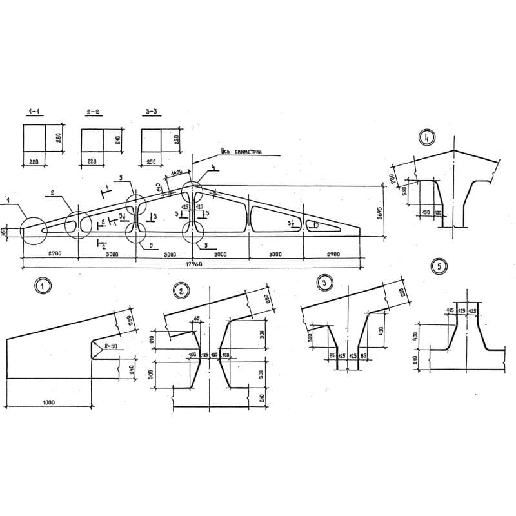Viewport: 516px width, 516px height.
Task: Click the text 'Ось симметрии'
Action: click(x=241, y=153)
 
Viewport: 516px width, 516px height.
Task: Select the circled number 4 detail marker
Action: click(x=426, y=137)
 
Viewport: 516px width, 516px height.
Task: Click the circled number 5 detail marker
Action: click(x=440, y=266)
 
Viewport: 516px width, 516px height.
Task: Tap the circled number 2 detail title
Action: click(x=182, y=291)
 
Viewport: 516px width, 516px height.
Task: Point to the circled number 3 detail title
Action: click(x=325, y=282)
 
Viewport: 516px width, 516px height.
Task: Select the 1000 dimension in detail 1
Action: click(x=48, y=402)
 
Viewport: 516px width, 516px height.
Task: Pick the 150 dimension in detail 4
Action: click(x=425, y=212)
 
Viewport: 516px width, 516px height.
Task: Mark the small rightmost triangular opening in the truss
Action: click(x=324, y=224)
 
